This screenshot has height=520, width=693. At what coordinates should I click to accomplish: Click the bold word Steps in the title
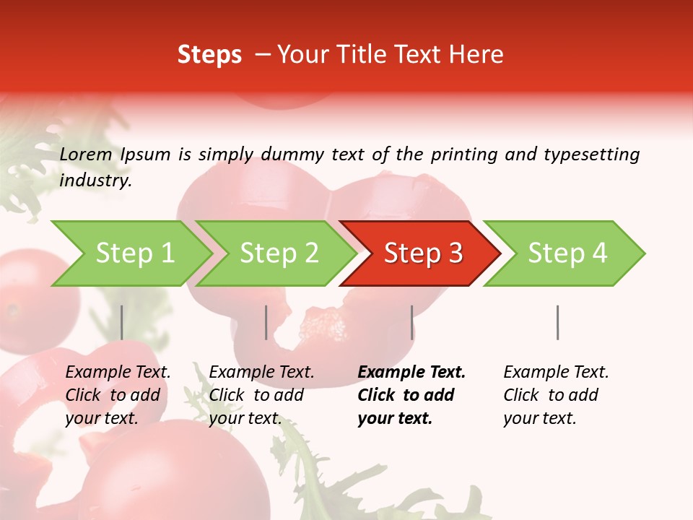(209, 55)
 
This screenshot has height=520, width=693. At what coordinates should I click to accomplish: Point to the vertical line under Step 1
(122, 322)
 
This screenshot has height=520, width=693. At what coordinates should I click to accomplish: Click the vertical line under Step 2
(266, 322)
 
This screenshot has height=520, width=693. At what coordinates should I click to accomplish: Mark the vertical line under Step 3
(412, 322)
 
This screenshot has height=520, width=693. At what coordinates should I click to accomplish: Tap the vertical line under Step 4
(558, 322)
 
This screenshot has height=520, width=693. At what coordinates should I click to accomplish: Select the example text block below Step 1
(118, 395)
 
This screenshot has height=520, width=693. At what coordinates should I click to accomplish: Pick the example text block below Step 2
(261, 395)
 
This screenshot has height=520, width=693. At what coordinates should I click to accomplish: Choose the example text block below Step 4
(556, 395)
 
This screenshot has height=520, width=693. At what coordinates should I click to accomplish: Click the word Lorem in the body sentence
(86, 154)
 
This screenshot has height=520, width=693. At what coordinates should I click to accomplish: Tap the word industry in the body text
(95, 181)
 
